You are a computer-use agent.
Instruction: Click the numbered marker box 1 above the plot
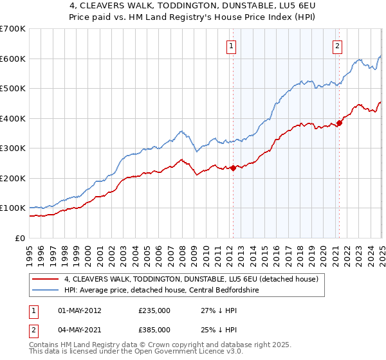(x=231, y=45)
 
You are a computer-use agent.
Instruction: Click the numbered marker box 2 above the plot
(x=337, y=45)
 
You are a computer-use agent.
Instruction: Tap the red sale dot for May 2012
(x=233, y=168)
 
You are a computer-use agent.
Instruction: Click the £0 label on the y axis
(x=21, y=238)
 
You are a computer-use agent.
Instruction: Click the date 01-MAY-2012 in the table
(x=79, y=310)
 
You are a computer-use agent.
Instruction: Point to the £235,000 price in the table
(x=154, y=310)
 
